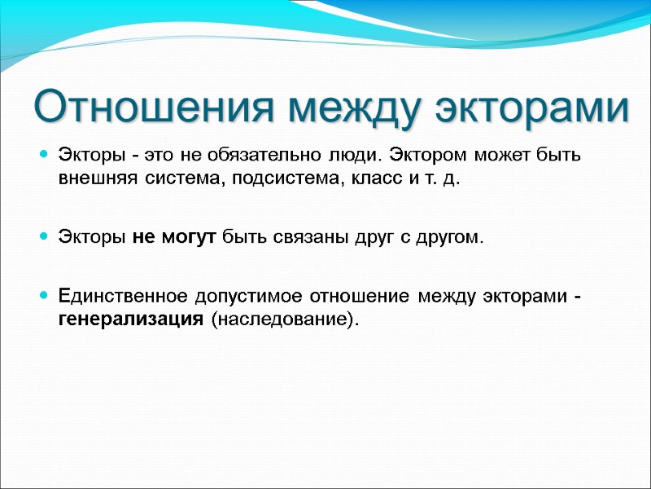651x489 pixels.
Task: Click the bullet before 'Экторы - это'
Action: [x=43, y=155]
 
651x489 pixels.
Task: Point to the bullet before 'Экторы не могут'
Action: [x=43, y=237]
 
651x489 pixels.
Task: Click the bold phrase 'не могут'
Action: [x=172, y=237]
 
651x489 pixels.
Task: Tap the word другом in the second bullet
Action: [x=452, y=237]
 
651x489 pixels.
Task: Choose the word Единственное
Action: [x=121, y=295]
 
